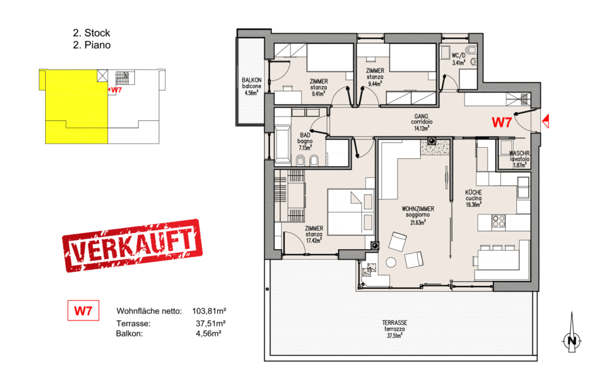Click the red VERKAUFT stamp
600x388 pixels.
[131, 245]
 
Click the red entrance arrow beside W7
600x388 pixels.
[546, 121]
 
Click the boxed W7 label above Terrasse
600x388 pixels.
[83, 311]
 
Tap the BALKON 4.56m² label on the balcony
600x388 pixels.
[251, 86]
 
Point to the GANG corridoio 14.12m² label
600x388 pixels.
[421, 121]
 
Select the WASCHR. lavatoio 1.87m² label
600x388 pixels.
[519, 158]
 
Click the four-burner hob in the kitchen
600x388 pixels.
[498, 222]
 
